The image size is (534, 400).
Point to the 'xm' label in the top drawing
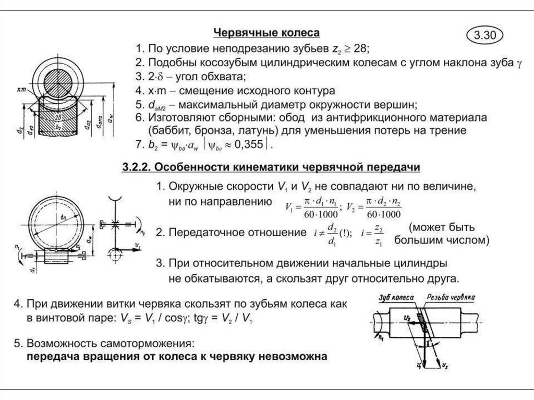pyautogui.click(x=21, y=90)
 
